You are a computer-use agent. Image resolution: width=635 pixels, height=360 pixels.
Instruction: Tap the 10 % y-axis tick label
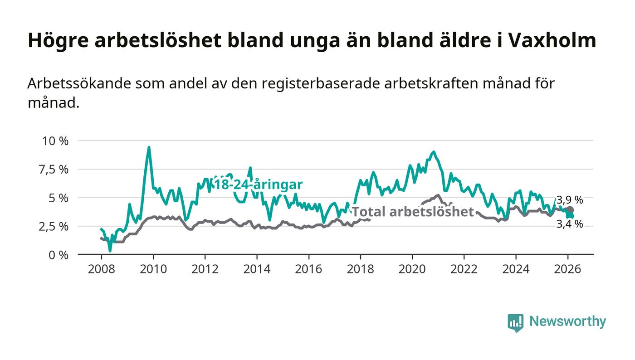tap(55, 141)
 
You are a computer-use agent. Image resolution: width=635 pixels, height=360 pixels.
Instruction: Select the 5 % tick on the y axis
tap(58, 198)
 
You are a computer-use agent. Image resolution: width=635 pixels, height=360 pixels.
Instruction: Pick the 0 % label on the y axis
tap(58, 255)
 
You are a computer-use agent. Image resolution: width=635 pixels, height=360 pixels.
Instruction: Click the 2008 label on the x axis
tap(101, 269)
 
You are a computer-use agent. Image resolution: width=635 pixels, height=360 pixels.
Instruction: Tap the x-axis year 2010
tap(153, 269)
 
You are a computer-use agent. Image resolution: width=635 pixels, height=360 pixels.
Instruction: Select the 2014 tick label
tap(257, 269)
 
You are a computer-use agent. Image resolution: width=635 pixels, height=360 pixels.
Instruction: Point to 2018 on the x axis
tap(360, 269)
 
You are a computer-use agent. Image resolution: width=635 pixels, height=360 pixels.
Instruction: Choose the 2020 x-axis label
tap(412, 269)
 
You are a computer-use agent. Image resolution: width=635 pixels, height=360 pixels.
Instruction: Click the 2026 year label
tap(567, 269)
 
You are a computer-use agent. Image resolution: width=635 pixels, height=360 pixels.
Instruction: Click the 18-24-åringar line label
tap(258, 185)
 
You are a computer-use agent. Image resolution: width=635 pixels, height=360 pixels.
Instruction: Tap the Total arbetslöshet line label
tap(413, 212)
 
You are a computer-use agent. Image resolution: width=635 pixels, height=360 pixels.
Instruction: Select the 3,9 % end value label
tap(570, 200)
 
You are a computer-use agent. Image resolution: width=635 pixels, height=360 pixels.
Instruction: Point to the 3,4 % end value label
tap(570, 224)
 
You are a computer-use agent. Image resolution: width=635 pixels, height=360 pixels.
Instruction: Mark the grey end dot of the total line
tap(570, 210)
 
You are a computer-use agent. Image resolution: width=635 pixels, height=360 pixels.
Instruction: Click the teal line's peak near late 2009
tap(149, 147)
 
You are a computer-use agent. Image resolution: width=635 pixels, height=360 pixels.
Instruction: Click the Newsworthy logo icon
tap(515, 322)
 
